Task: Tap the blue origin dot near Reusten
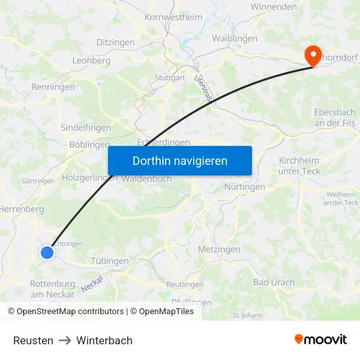click(46, 252)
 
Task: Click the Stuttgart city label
click(170, 78)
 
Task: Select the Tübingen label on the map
click(109, 261)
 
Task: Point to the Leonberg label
click(90, 60)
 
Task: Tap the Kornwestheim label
click(173, 18)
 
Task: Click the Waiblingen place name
click(234, 39)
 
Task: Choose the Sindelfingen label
click(86, 128)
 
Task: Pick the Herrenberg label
click(22, 209)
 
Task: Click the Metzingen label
click(219, 249)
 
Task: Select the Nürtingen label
click(245, 187)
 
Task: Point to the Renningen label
click(53, 86)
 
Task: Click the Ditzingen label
click(116, 42)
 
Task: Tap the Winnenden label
click(274, 7)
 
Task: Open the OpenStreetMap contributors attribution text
click(70, 312)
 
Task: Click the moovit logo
click(321, 339)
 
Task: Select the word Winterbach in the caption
click(104, 340)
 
